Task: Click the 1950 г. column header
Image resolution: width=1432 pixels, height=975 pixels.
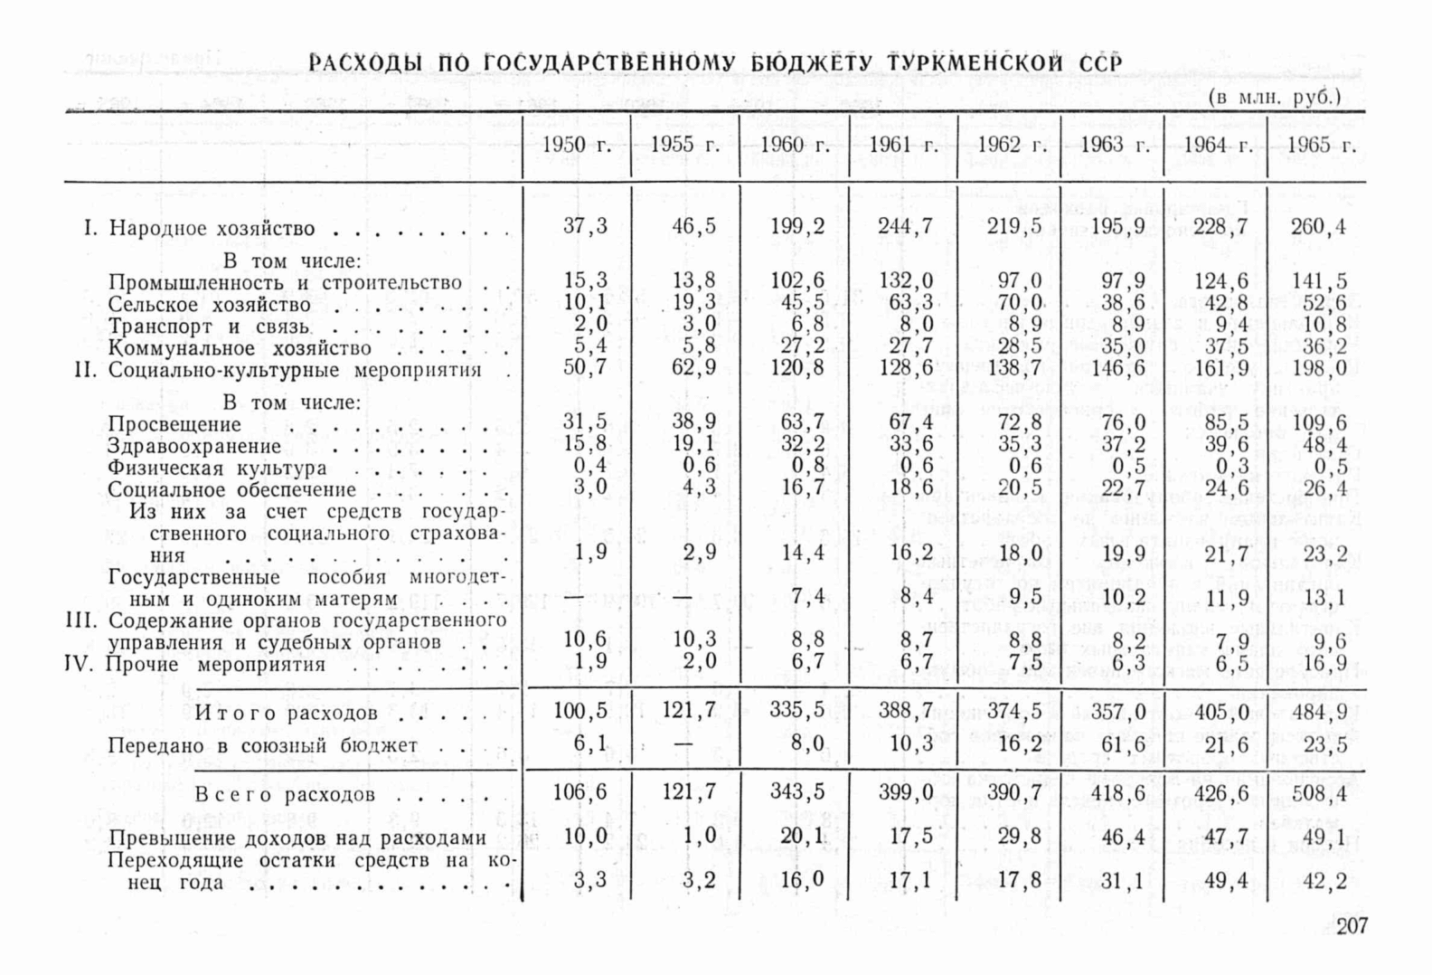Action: pos(576,146)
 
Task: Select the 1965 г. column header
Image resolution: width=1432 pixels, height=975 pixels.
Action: pos(1321,146)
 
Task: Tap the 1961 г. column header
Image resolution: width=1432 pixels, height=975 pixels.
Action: pos(903,146)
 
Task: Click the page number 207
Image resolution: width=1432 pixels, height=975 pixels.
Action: pos(1352,925)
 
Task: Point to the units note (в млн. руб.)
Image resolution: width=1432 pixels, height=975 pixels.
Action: pos(1274,97)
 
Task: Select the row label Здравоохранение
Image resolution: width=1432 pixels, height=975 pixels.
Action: pos(194,446)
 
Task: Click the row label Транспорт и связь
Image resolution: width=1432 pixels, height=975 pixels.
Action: pos(209,327)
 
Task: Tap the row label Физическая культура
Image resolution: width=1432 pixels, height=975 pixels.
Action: pos(217,469)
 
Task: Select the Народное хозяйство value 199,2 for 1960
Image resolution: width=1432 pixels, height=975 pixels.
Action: pos(797,226)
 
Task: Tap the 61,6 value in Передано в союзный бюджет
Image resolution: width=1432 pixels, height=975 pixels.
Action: pos(1124,744)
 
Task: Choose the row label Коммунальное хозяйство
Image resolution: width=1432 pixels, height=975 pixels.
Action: pos(240,348)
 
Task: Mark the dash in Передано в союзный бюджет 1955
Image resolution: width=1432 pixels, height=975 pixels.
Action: pos(683,744)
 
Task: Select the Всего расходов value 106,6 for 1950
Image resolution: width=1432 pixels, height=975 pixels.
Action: pos(580,793)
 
